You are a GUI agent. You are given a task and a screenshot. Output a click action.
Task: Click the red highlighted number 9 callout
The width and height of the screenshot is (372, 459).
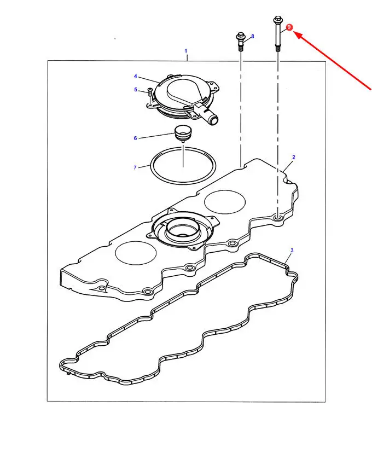tap(289, 27)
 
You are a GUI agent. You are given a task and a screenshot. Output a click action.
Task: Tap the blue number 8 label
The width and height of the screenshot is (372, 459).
tap(253, 36)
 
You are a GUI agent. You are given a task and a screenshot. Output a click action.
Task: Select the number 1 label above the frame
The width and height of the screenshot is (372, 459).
tap(185, 51)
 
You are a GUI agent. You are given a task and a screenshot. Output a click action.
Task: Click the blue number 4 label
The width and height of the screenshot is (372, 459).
tap(135, 77)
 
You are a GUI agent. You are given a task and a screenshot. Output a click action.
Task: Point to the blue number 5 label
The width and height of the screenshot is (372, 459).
tap(136, 90)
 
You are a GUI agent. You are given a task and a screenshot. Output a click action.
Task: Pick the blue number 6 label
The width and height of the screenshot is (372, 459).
tap(135, 138)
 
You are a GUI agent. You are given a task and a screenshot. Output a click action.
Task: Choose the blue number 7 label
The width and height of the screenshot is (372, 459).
tap(135, 168)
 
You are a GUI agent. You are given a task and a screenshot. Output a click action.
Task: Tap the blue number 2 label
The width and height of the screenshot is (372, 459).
tap(294, 157)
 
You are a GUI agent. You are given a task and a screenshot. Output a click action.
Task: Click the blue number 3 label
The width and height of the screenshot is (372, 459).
tap(292, 250)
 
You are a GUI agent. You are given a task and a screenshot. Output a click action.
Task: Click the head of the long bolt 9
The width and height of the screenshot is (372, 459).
tap(277, 20)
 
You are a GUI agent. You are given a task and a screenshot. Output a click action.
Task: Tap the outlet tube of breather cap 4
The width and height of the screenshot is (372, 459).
tap(211, 116)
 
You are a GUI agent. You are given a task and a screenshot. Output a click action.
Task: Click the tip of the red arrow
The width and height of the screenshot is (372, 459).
tap(294, 33)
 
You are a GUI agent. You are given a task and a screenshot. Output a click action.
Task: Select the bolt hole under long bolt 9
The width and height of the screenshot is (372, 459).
tap(277, 218)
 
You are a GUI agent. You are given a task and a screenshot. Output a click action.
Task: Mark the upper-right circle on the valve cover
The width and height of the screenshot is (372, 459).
tap(224, 202)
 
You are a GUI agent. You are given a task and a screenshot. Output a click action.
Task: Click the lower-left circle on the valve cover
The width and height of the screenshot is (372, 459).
tap(136, 253)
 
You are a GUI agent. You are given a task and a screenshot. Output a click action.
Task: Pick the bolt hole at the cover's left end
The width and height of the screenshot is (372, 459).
tap(101, 289)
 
